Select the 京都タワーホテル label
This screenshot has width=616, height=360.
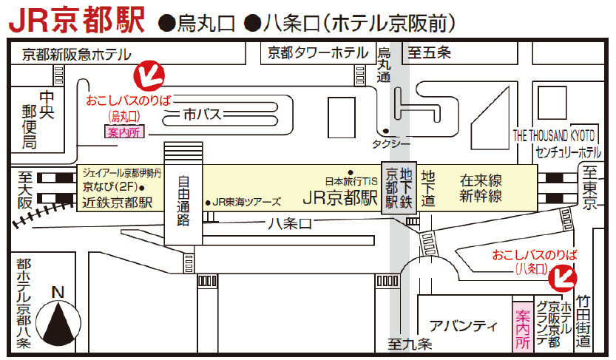tap(318, 52)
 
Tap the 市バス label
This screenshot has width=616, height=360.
tap(203, 114)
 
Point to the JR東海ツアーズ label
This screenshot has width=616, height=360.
tap(247, 201)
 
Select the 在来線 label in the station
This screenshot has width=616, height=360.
tap(481, 180)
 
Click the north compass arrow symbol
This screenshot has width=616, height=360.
tap(58, 317)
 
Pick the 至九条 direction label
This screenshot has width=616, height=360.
tap(410, 344)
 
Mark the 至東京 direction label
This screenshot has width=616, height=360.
tap(589, 188)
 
